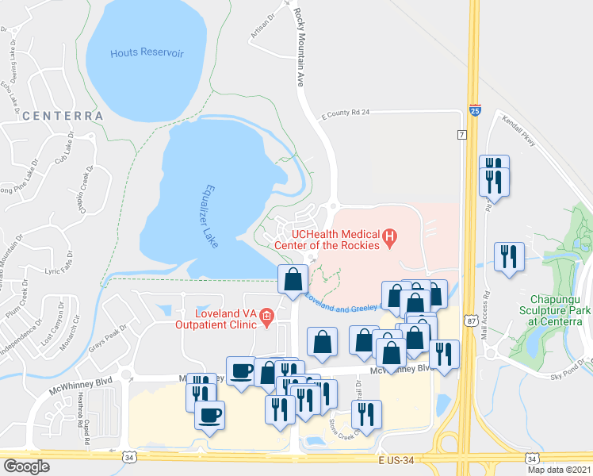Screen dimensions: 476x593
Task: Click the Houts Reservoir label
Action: [x=147, y=52]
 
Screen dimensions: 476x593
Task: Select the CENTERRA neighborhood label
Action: [x=63, y=116]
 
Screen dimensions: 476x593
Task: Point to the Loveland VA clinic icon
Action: [x=267, y=319]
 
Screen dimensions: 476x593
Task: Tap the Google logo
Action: [x=26, y=466]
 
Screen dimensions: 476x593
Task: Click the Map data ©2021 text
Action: [x=559, y=470]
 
